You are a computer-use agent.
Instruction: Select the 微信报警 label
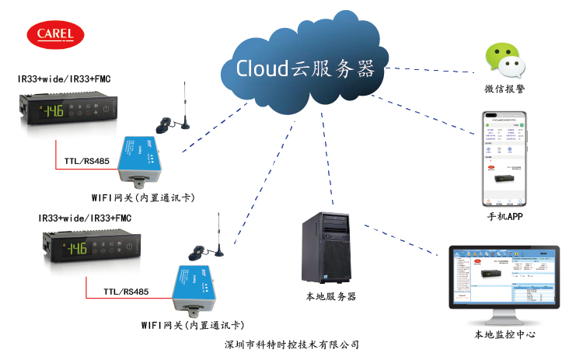click(x=501, y=90)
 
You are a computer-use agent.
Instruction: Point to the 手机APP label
click(x=504, y=216)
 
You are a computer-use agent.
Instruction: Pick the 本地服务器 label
click(x=330, y=297)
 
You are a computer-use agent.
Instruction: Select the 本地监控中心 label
click(x=504, y=335)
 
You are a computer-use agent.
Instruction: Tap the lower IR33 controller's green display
click(x=75, y=249)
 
